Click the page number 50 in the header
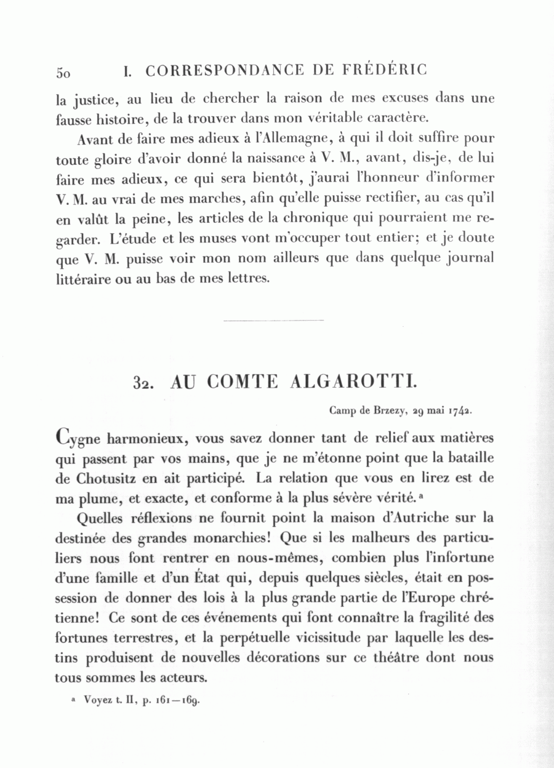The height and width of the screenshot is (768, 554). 63,72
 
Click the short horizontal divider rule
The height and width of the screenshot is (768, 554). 273,321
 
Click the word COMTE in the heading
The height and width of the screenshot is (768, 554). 243,382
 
